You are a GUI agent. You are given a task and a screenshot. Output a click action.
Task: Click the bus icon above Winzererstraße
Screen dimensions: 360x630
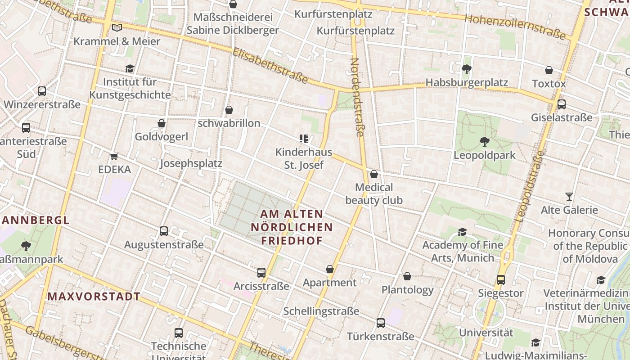[x=42, y=91]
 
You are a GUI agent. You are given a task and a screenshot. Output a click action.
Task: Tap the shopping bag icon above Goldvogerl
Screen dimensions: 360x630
[x=162, y=123]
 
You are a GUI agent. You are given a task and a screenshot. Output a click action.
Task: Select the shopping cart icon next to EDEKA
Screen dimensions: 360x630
[x=114, y=156]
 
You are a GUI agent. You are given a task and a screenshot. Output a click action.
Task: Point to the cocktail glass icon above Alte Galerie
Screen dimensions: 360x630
[x=569, y=197]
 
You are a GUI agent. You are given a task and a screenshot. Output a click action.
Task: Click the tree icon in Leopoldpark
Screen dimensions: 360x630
[x=484, y=142]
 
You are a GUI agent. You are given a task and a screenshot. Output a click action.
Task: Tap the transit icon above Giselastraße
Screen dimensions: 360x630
[x=561, y=104]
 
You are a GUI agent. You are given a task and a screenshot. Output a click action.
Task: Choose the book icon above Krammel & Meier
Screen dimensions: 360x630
[x=117, y=28]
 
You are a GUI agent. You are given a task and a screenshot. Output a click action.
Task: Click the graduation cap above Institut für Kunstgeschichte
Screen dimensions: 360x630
[x=130, y=69]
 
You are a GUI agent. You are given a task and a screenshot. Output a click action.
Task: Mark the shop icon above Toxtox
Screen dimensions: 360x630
[x=549, y=70]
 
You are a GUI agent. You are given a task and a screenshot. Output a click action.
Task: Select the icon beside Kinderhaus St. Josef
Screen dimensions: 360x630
[x=304, y=139]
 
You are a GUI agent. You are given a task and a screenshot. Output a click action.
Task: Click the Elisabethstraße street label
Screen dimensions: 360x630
[x=270, y=66]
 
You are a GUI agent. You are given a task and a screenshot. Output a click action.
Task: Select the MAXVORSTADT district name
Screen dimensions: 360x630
[x=94, y=297]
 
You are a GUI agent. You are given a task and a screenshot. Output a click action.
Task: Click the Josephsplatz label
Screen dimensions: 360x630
[x=191, y=163]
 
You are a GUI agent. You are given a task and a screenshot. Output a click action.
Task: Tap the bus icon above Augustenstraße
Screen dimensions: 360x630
[x=164, y=231]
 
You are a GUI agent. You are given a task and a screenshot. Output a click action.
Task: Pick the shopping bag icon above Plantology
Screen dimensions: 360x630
[x=407, y=276]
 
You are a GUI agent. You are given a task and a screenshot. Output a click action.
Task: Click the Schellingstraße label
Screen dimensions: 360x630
[x=321, y=311]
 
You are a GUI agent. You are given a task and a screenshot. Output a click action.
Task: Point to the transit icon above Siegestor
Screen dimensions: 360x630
[x=500, y=280]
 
